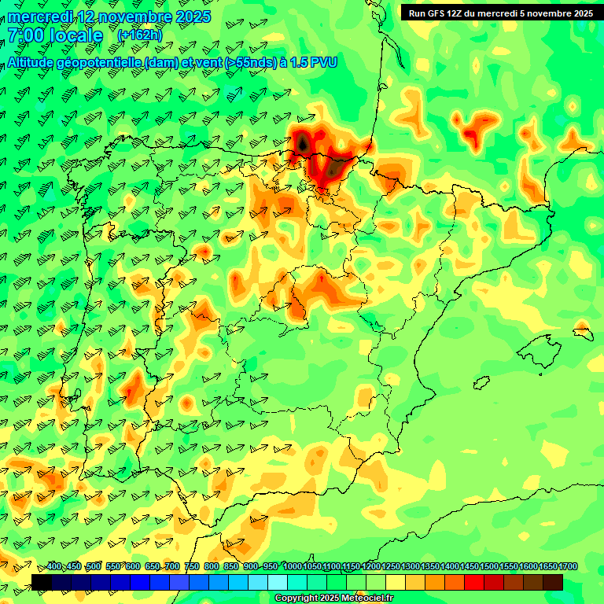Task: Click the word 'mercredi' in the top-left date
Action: pyautogui.click(x=39, y=17)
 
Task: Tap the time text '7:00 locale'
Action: pyautogui.click(x=55, y=35)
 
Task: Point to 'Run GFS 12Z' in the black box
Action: pyautogui.click(x=436, y=13)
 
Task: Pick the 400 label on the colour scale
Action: pyautogui.click(x=54, y=567)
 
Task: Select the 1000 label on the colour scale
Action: pyautogui.click(x=292, y=567)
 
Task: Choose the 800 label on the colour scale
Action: pyautogui.click(x=212, y=567)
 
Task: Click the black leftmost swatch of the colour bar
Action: pyautogui.click(x=41, y=582)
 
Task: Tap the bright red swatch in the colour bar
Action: pyautogui.click(x=474, y=582)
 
